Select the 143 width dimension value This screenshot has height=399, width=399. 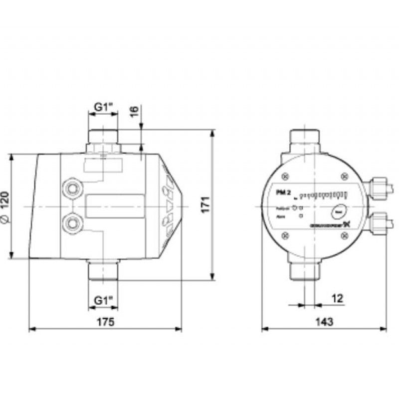tap(325, 321)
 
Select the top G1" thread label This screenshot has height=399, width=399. tap(104, 106)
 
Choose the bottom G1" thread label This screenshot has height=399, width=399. tap(104, 300)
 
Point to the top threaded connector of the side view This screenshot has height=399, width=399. tap(103, 136)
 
